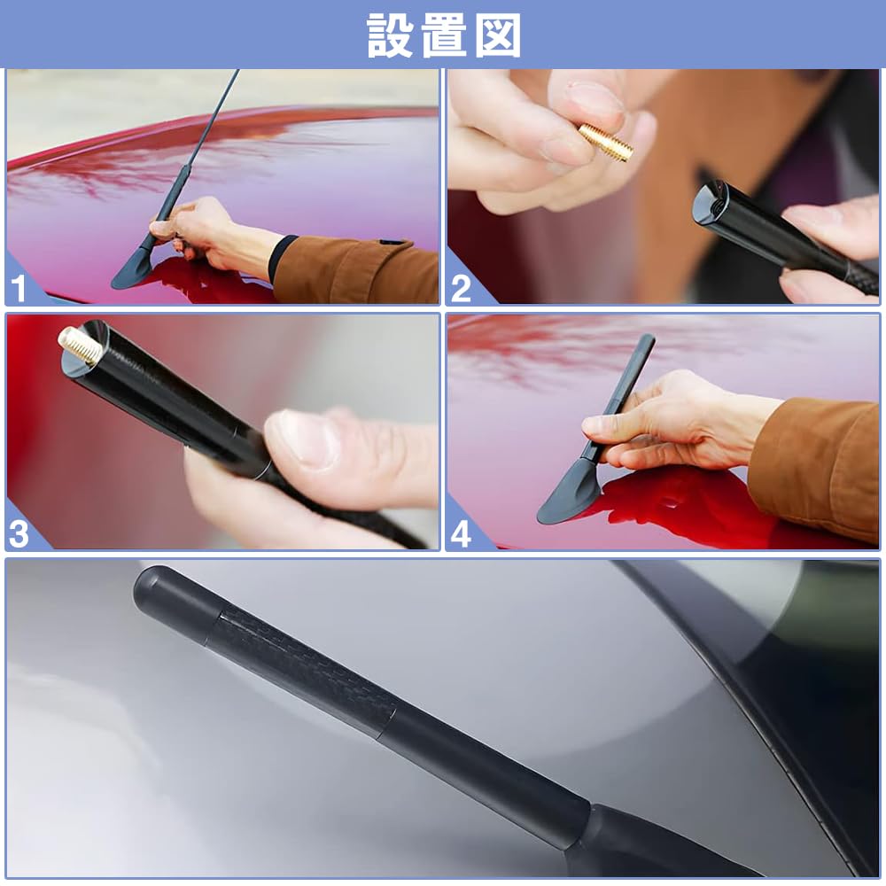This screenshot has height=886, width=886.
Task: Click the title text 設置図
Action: pos(443,35)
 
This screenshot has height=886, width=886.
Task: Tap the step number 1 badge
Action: pos(19,289)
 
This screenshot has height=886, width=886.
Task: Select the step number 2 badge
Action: pos(461,289)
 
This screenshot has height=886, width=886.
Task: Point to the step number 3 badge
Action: pos(19,534)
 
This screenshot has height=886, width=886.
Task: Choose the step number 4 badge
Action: pos(461,534)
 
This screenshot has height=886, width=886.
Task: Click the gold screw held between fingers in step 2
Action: pos(606,143)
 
